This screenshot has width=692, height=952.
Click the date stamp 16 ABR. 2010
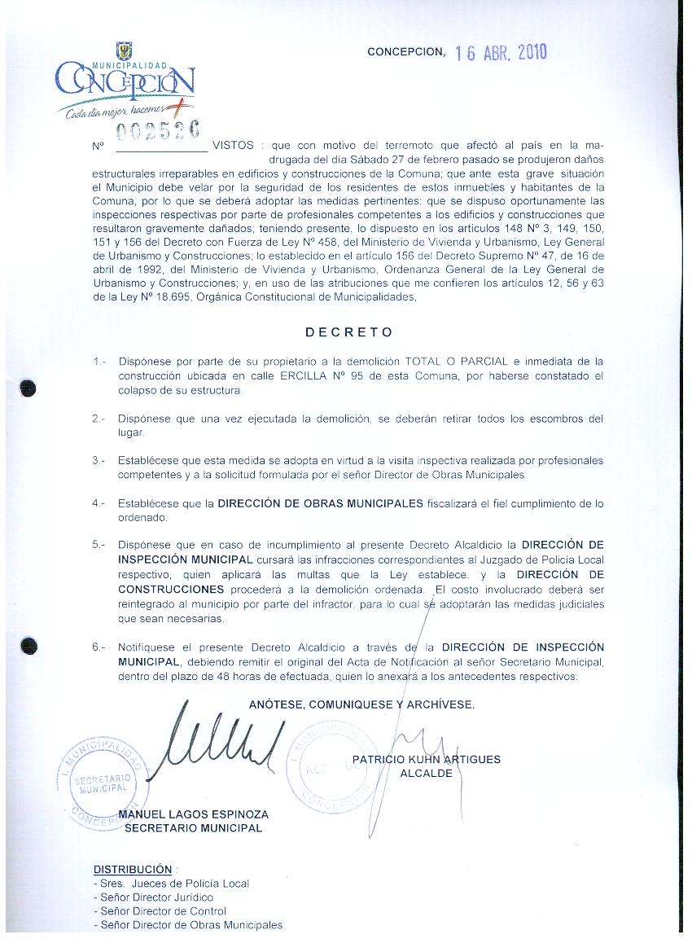tap(501, 53)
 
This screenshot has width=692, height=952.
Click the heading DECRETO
tap(348, 332)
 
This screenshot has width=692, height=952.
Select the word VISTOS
tap(232, 146)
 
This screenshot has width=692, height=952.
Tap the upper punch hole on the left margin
tap(29, 386)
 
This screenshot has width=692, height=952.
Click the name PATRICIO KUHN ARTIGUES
tap(427, 760)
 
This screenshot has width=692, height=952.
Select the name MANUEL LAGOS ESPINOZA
tap(193, 814)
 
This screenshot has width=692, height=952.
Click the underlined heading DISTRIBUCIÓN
tap(133, 869)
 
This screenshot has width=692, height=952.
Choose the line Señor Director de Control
tap(160, 911)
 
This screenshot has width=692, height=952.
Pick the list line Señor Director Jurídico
tap(154, 897)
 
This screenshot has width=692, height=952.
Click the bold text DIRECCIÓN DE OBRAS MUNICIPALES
tap(320, 503)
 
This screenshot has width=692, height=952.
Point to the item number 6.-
tap(99, 647)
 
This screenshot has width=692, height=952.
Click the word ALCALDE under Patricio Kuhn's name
tap(426, 774)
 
